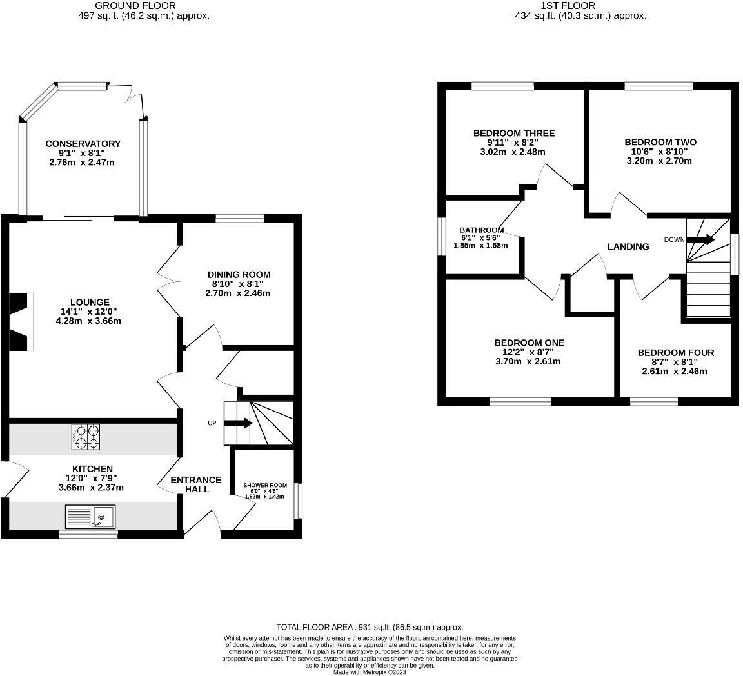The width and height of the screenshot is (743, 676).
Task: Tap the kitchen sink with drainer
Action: (x=90, y=517)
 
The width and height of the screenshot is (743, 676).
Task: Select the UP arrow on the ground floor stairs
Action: (x=238, y=423)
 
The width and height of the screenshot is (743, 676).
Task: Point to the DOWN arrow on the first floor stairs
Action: (x=700, y=240)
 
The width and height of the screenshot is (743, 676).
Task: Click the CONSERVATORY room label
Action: (x=83, y=143)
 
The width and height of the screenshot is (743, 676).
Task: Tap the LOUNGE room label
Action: (x=90, y=302)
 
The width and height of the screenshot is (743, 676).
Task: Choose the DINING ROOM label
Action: (x=239, y=274)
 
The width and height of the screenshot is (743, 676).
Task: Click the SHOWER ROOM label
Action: (x=265, y=485)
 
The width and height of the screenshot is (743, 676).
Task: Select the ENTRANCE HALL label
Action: (x=196, y=484)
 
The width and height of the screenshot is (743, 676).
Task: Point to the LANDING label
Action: (x=628, y=246)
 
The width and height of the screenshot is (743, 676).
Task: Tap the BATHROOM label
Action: (x=481, y=230)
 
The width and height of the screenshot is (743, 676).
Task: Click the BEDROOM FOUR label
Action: (x=675, y=353)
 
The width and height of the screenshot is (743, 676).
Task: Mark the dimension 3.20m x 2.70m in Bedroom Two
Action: (x=660, y=161)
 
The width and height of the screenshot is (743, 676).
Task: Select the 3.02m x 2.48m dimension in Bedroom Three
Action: (x=513, y=152)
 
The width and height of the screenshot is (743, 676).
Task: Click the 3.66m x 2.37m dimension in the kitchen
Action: (x=90, y=487)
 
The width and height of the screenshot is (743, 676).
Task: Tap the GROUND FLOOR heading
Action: (x=135, y=6)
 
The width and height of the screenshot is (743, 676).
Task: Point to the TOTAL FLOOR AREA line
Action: (x=370, y=627)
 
